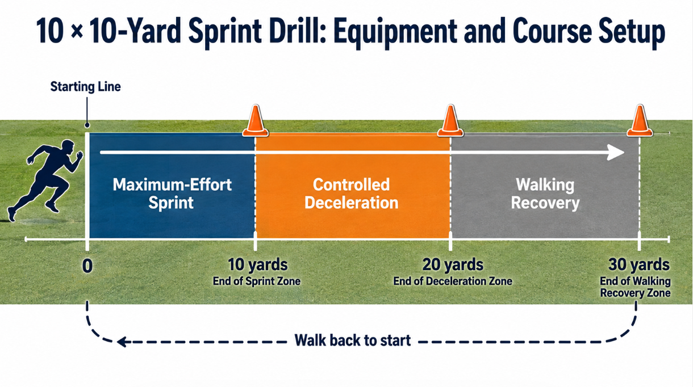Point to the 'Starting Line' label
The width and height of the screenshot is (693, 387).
tap(85, 87)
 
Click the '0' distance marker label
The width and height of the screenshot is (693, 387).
tap(87, 266)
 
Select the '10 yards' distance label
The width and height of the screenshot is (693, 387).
tap(258, 264)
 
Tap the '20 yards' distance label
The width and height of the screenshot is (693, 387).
tap(453, 264)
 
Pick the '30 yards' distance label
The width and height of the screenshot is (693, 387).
tap(639, 264)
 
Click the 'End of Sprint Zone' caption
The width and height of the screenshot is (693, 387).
tap(257, 281)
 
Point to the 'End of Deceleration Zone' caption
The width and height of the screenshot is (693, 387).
tap(453, 281)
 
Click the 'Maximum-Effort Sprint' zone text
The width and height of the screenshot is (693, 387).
tap(172, 194)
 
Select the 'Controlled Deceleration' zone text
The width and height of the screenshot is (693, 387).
tap(352, 194)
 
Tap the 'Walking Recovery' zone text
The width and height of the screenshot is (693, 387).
tap(545, 194)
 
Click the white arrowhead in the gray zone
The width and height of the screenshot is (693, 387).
tap(616, 153)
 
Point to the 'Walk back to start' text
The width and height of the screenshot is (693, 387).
tap(353, 340)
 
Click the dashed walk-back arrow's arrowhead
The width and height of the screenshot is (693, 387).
tap(122, 342)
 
